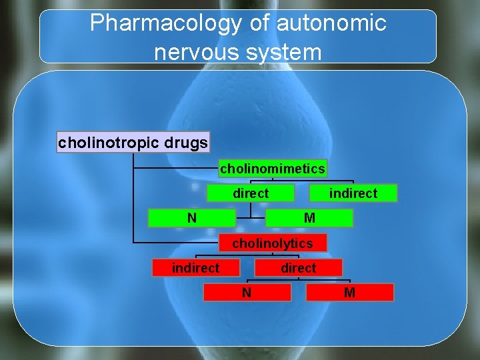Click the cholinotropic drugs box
pos(133,143)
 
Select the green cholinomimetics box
pos(273,169)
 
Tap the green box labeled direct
pos(251,193)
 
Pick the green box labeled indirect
pos(353,193)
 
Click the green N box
pos(192,218)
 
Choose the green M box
pos(309,218)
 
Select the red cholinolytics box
pos(272,243)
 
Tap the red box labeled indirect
pos(196,268)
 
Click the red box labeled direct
pos(298,268)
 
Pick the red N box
pos(247,292)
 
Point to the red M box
pos(350,292)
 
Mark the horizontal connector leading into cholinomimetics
pos(176,169)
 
